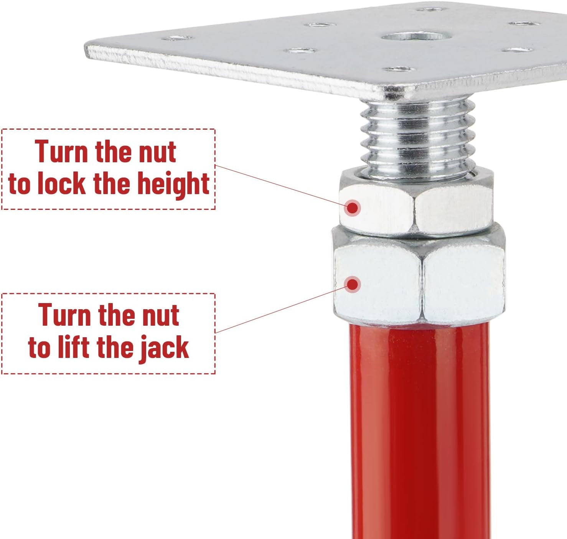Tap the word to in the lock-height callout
click(x=19, y=184)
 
